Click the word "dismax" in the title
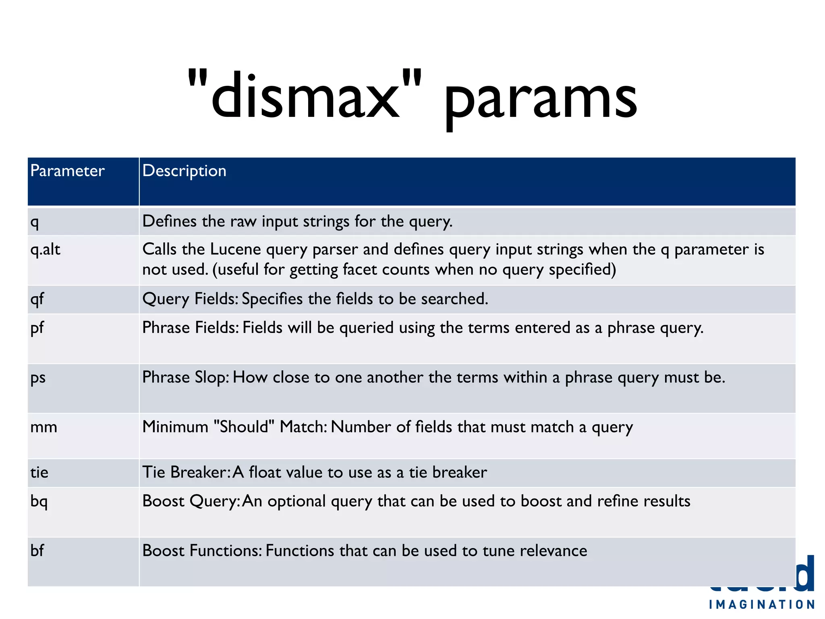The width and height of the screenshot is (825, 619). (305, 97)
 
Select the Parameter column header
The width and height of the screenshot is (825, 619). (67, 171)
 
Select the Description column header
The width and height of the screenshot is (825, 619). (184, 171)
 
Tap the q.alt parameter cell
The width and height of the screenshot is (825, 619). (45, 250)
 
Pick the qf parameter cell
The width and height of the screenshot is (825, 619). (37, 299)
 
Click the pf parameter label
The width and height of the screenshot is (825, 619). (37, 328)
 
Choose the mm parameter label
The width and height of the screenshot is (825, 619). (44, 427)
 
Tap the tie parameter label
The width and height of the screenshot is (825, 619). (39, 472)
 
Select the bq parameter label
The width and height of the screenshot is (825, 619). (39, 501)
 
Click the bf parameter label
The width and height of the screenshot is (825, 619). (37, 550)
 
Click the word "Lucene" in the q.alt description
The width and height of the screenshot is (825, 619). (235, 249)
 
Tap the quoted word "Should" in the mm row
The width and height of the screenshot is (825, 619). (244, 427)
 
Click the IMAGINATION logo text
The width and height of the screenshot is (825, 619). (762, 604)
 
